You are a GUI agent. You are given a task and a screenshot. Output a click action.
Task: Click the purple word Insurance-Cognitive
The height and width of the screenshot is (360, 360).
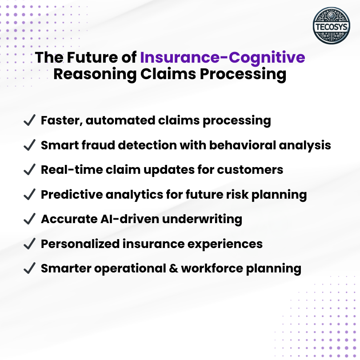(x=223, y=58)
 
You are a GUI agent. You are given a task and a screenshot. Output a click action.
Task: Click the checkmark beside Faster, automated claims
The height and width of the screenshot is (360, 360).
(x=29, y=120)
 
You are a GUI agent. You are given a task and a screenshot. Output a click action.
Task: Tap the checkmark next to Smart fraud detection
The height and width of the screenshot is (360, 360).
(x=29, y=145)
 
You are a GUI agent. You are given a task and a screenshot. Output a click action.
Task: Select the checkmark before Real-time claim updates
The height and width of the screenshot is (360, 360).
(x=29, y=170)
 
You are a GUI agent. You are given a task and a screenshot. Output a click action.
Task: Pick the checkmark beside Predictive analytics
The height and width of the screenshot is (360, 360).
(x=29, y=195)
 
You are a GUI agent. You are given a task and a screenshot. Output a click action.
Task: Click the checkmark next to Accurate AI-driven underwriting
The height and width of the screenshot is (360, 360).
(x=29, y=219)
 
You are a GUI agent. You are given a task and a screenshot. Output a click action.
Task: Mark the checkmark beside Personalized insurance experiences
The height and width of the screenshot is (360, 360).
(x=29, y=244)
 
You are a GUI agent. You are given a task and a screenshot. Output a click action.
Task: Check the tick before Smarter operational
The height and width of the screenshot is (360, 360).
(x=29, y=268)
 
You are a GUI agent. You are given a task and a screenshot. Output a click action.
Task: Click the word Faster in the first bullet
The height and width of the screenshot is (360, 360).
(x=59, y=120)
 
